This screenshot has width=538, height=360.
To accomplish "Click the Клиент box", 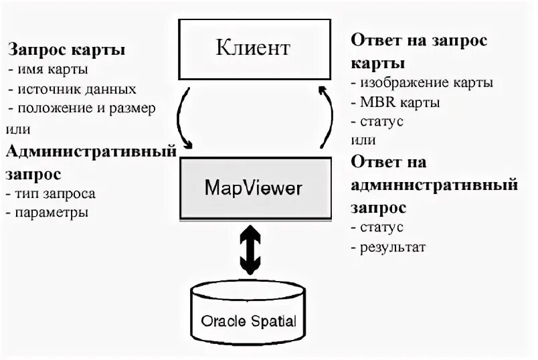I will [254, 48].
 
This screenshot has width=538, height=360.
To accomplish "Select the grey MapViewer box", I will [254, 187].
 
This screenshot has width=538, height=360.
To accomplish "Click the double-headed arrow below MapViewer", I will [248, 249].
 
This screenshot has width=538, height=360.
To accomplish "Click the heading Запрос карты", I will [67, 50].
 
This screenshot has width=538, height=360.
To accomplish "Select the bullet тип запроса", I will [57, 194].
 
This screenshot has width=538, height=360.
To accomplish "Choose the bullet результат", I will [391, 248].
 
